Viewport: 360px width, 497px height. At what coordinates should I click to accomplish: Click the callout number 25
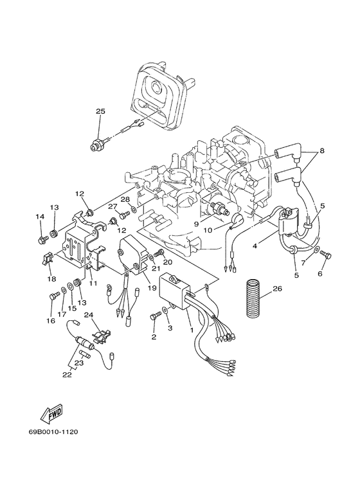point(100,111)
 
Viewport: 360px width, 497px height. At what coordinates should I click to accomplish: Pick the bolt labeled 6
point(325,257)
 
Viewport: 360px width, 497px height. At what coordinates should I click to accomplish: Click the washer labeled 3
point(166,312)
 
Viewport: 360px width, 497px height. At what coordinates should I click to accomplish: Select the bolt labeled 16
point(53,296)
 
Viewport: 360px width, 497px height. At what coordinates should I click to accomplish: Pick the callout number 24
point(89,315)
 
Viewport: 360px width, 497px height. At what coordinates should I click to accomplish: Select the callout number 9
point(198,224)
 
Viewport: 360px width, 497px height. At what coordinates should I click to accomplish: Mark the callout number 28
point(126,200)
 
